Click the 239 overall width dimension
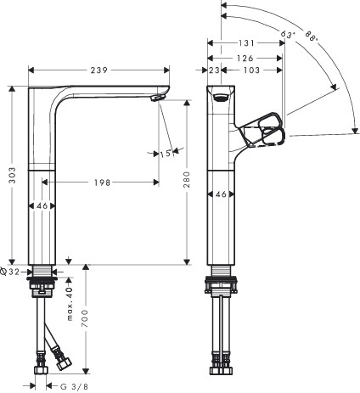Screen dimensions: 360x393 99,70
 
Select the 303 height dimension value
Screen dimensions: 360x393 13,175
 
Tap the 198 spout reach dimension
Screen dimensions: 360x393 102,182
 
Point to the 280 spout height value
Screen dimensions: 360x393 187,179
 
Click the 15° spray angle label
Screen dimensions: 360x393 166,154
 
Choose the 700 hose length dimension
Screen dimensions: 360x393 85,318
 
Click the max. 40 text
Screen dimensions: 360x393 70,304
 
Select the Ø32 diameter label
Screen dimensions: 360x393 10,272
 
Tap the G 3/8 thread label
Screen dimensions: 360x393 74,386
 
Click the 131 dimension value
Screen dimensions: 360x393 246,43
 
